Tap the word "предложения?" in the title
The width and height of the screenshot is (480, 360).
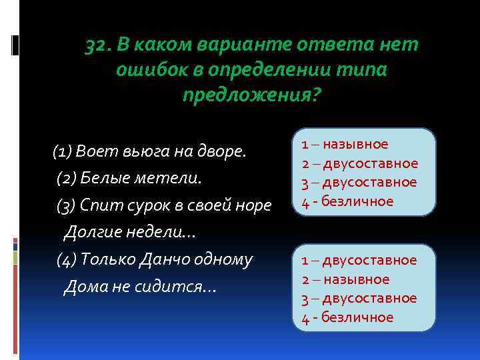pyautogui.click(x=251, y=95)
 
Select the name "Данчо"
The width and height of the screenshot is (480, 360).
pyautogui.click(x=162, y=259)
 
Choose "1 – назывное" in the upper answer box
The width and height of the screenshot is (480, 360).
pyautogui.click(x=345, y=144)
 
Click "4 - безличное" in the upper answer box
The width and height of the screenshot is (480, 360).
pyautogui.click(x=347, y=201)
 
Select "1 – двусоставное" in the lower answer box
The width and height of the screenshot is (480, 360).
pyautogui.click(x=359, y=260)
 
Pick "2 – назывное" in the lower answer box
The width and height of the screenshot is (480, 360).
pyautogui.click(x=345, y=279)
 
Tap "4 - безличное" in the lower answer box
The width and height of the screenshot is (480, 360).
pyautogui.click(x=347, y=317)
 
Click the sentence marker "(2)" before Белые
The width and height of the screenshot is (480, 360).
pyautogui.click(x=67, y=179)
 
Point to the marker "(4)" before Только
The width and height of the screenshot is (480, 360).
pyautogui.click(x=67, y=259)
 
